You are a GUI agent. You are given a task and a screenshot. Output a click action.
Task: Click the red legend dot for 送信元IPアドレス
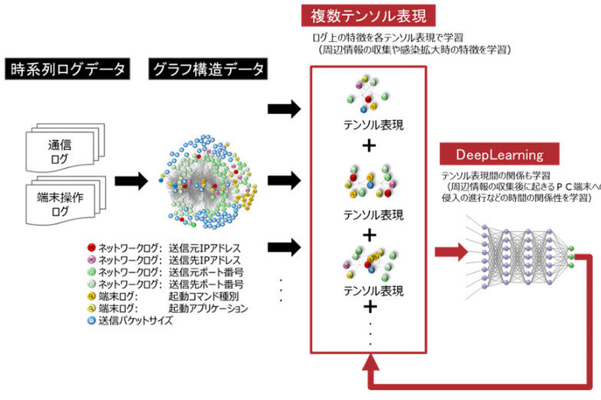pos(92,247)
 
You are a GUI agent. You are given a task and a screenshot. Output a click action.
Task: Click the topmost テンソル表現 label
pos(369,125)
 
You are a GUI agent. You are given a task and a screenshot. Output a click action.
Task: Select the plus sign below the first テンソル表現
pos(369,146)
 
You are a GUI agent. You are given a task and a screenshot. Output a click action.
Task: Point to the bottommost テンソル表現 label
pos(369,290)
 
